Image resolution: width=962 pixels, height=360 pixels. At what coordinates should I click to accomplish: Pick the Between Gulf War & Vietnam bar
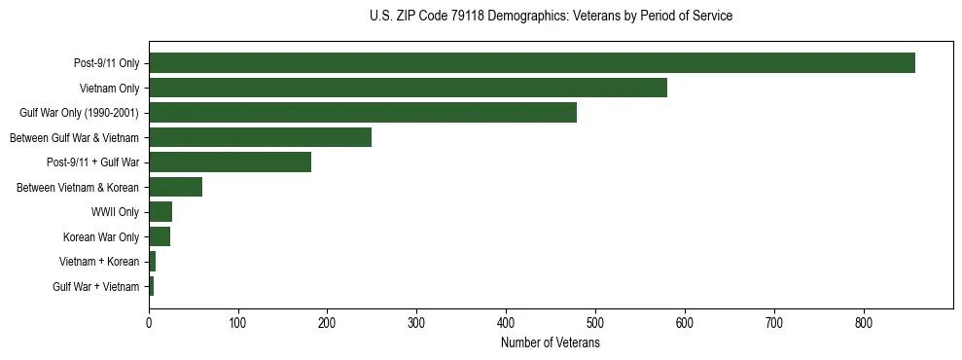pos(260,137)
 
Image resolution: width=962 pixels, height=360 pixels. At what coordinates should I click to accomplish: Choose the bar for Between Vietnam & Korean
pos(175,187)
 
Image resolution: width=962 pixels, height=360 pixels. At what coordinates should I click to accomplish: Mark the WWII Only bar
pos(160,212)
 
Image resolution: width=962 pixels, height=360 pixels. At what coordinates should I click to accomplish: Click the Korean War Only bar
pos(160,236)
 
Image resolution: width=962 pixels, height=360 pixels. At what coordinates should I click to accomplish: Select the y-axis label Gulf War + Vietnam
pos(95,287)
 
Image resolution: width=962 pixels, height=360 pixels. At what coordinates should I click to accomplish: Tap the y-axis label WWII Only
pos(115,212)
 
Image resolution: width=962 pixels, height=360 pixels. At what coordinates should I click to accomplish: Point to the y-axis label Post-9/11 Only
pos(106,63)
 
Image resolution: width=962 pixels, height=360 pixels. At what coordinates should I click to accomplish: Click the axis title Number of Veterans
pos(550,342)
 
